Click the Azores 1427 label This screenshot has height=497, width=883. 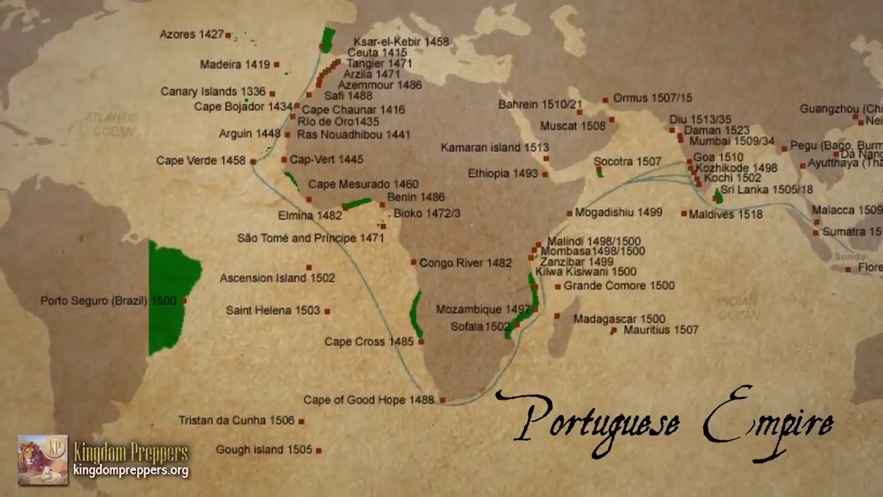191,35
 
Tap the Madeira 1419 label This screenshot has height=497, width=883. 235,65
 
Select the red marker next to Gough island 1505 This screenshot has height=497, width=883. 319,450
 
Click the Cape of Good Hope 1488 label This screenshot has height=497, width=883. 368,400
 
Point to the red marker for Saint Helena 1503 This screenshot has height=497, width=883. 327,311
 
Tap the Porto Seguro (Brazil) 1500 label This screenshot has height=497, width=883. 108,301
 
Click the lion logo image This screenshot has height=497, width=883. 43,459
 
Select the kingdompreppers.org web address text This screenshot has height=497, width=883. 130,471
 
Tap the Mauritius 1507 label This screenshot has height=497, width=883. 661,330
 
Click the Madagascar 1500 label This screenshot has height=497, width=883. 619,319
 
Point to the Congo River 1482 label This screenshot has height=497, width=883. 465,263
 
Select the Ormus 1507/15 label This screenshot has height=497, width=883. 652,98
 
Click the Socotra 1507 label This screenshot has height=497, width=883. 627,162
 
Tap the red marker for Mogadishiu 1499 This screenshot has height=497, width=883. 569,213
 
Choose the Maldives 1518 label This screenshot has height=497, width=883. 726,215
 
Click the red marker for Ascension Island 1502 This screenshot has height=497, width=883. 308,267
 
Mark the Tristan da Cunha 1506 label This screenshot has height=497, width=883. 236,420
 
